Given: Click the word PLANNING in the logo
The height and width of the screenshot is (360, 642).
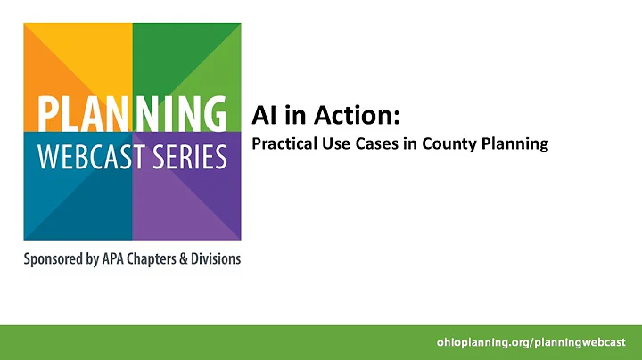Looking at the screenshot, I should pos(132,113).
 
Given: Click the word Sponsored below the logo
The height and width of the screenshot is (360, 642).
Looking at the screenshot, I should pos(60,260).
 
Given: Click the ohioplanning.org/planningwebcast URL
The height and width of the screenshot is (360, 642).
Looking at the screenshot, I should pos(531,342).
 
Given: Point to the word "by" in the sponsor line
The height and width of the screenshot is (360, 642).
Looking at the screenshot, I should pos(107,260).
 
